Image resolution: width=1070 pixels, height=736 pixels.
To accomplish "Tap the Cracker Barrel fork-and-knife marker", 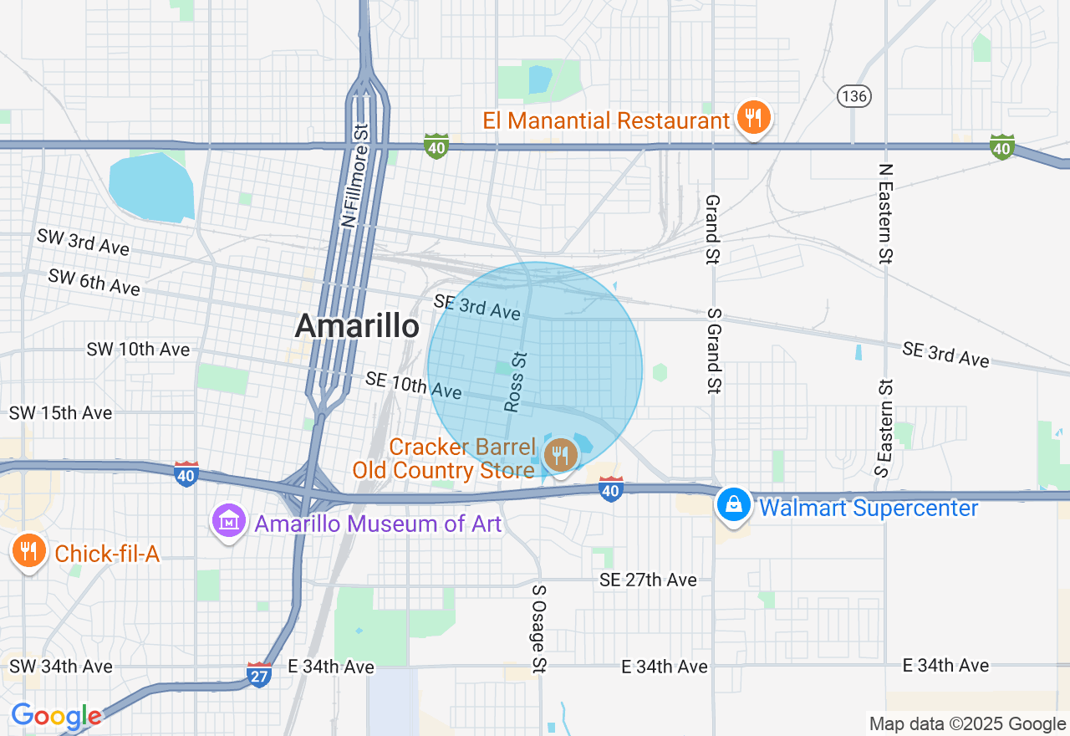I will coord(559,456).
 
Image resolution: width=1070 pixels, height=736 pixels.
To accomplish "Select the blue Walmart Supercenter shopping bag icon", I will coord(733,504).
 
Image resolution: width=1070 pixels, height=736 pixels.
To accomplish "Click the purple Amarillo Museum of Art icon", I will coord(228,523).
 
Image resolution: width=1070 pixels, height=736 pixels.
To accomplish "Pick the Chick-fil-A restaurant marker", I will coord(29,551).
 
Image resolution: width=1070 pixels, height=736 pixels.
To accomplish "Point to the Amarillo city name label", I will coord(357,326).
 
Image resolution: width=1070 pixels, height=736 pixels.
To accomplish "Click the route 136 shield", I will coord(854,96).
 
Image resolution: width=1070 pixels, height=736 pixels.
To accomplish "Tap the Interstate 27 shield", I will coord(259,674).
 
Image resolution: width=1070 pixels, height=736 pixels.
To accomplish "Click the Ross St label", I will coord(516,381).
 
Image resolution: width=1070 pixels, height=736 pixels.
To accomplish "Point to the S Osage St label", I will coord(539,628).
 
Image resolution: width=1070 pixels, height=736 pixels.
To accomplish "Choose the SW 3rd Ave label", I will coord(83,242).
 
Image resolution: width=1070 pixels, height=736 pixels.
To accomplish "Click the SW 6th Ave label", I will coord(94,282).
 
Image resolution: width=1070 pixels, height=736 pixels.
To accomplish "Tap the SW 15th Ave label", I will coord(60,413).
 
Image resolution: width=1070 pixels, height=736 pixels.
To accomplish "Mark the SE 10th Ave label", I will coord(413,385).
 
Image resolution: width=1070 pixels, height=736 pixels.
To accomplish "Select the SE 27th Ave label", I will coord(648,580).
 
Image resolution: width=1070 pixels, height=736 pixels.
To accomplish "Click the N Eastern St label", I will coord(885,212).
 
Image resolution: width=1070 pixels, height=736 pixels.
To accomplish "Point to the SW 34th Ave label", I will coord(60,667).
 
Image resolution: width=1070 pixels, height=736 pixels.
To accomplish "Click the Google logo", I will coord(55,716).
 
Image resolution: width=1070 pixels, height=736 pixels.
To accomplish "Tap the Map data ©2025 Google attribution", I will coord(967,723).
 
